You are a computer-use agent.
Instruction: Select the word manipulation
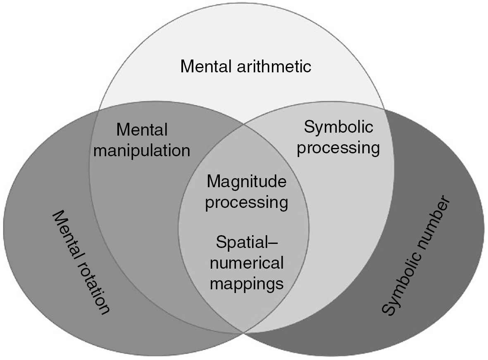[142, 150]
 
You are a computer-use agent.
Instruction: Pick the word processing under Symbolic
[338, 148]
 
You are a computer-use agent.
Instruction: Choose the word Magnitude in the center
[246, 181]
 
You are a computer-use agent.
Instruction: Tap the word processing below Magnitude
[246, 203]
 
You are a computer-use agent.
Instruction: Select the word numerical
[246, 263]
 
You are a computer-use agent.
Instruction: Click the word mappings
[246, 284]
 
